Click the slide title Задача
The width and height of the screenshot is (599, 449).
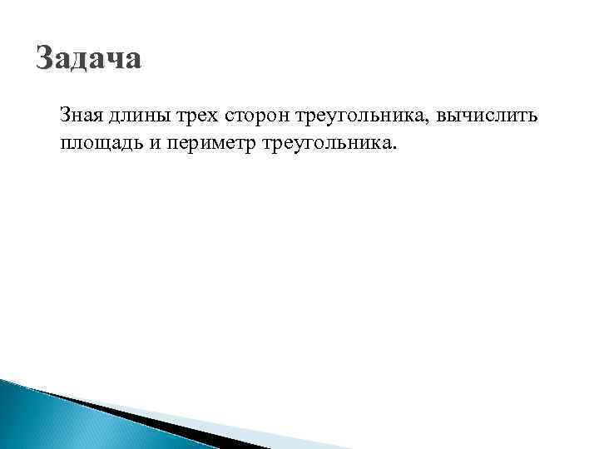pos(90,59)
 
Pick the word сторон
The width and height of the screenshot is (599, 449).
pos(255,118)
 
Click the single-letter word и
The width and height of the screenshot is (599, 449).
pos(156,144)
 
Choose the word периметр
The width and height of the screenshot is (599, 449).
pos(211,144)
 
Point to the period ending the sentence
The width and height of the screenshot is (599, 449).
pos(395,149)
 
